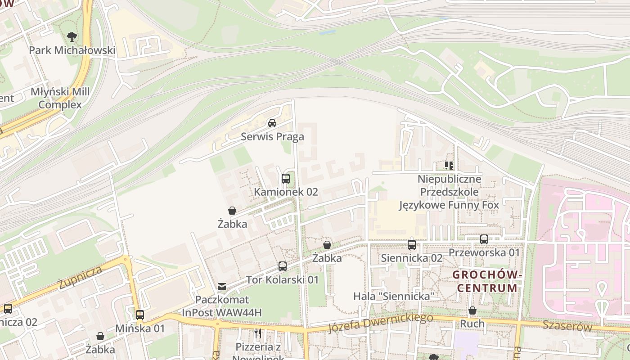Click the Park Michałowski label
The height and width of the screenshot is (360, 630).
pos(72,50)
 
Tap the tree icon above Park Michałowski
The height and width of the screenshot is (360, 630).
pos(72,36)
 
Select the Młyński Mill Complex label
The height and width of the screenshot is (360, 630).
pos(60,98)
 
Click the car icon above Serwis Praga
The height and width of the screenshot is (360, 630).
pos(272,123)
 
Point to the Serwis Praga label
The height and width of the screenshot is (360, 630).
pos(272,137)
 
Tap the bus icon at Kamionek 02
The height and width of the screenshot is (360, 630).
pos(286,179)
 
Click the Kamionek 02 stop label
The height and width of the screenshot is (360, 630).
pos(286,192)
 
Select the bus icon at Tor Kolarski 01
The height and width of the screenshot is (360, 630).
pos(282,266)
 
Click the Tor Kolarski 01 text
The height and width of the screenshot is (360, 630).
pos(282,280)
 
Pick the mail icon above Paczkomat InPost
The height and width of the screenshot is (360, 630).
pos(222,286)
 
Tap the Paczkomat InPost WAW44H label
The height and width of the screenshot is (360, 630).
pos(222,306)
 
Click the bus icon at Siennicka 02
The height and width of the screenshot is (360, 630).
pos(411,245)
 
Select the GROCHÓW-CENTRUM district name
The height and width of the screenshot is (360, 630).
pos(486,281)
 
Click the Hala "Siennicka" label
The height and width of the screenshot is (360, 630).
pos(394,296)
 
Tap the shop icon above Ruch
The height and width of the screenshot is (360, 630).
pos(472,310)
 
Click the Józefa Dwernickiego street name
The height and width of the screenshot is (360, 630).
pos(380,323)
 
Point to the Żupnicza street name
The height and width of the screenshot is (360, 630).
pos(80,278)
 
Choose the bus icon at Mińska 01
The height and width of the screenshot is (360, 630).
pos(140,315)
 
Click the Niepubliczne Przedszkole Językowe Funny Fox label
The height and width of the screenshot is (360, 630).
pos(449,192)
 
